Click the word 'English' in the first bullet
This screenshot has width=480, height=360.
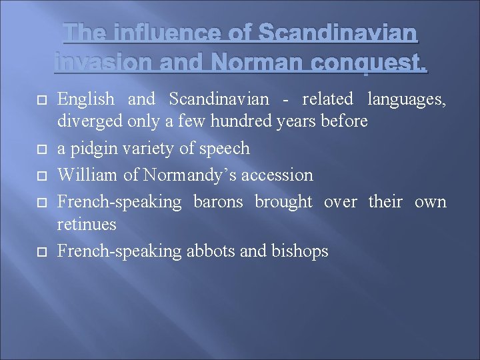point(86,99)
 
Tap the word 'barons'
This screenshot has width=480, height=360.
point(219,201)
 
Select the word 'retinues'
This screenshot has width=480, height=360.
point(87,224)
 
